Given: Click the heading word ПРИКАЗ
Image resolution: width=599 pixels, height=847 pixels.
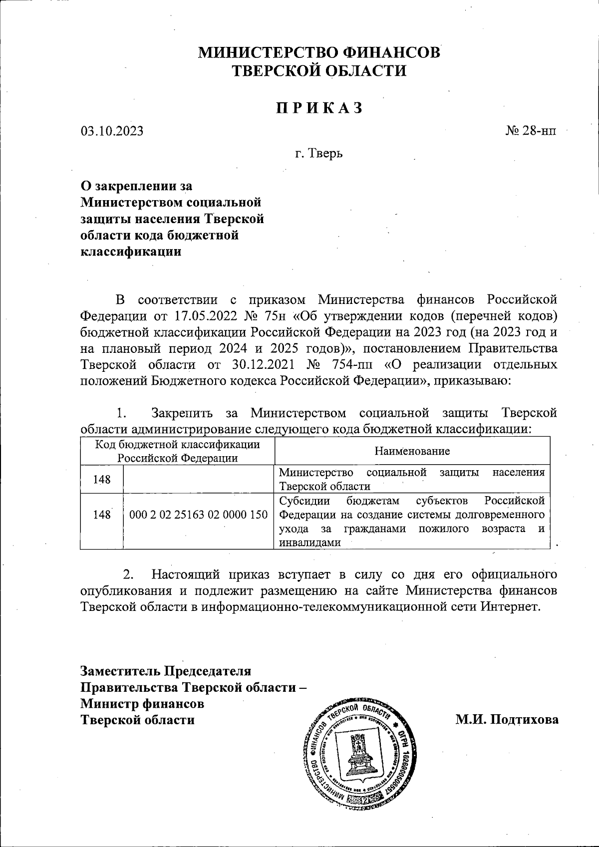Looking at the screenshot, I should pyautogui.click(x=319, y=108).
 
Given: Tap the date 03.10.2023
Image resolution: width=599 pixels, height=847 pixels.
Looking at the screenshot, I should pyautogui.click(x=112, y=131).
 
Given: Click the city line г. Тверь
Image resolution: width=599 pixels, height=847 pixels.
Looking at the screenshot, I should pyautogui.click(x=319, y=153).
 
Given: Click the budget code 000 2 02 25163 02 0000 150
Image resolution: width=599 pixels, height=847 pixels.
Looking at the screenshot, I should pyautogui.click(x=199, y=515).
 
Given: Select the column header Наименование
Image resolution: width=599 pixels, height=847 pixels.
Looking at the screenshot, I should pyautogui.click(x=412, y=451).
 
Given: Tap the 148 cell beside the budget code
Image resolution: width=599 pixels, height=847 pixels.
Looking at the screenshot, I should pyautogui.click(x=101, y=515).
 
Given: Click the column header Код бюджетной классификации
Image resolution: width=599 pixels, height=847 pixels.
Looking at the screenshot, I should pyautogui.click(x=178, y=444).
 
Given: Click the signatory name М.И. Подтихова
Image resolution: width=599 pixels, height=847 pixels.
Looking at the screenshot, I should pyautogui.click(x=507, y=719).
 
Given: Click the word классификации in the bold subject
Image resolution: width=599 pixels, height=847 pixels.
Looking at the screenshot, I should pyautogui.click(x=131, y=252).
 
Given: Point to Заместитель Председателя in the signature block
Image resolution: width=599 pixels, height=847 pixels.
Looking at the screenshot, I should pyautogui.click(x=166, y=671).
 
